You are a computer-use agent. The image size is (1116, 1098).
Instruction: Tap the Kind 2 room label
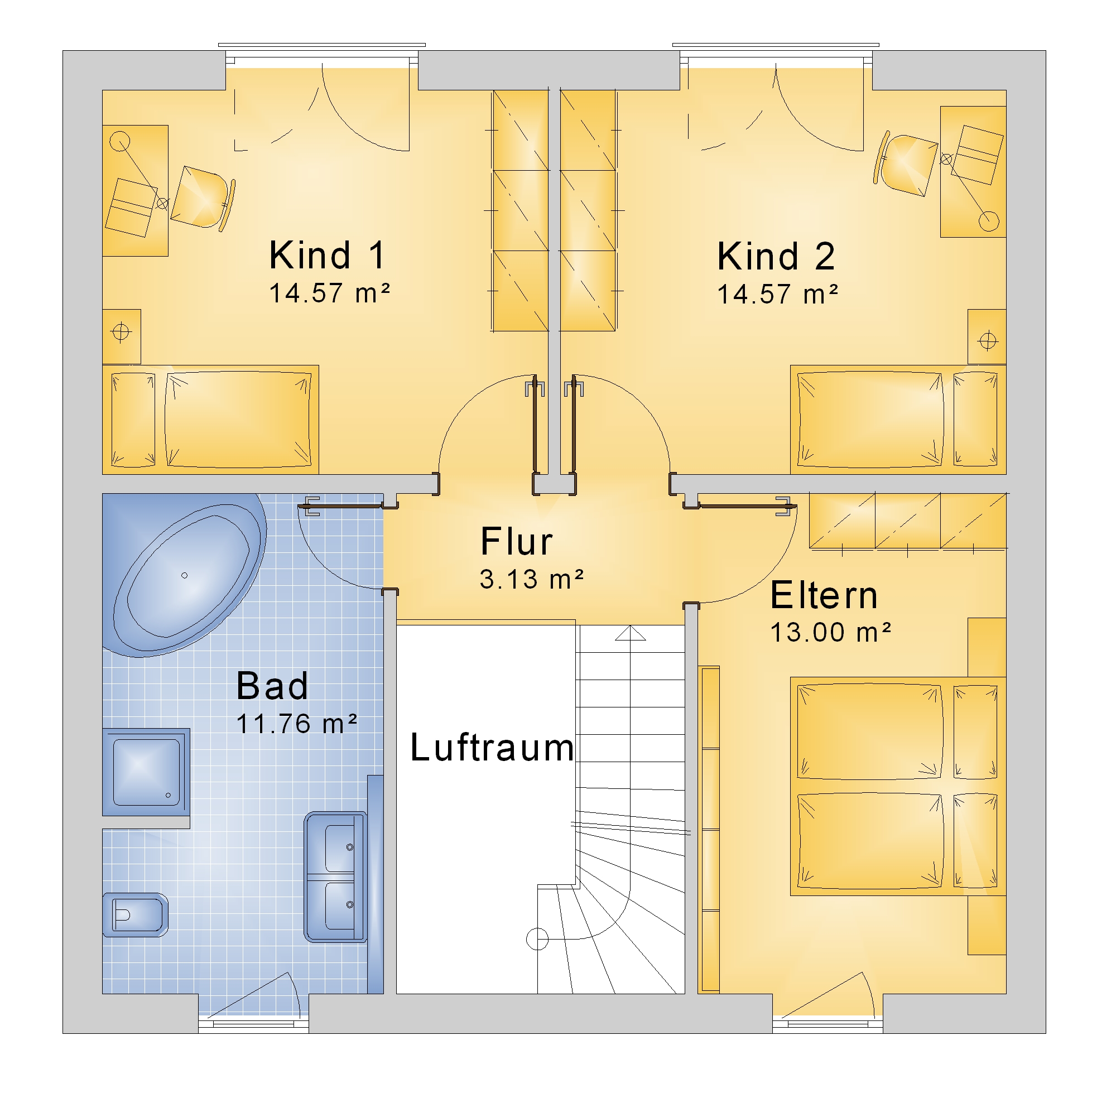coord(776,256)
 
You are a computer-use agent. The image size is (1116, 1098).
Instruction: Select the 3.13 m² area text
coord(532,579)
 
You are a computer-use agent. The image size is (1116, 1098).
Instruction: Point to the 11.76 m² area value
coord(296,723)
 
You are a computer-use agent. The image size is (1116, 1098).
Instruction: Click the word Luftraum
coord(492,748)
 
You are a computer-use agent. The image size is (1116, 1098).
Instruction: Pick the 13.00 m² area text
coord(830,632)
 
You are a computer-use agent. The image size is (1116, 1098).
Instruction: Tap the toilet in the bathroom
coord(135,914)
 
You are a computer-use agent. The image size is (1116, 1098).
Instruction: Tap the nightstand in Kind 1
coord(122,336)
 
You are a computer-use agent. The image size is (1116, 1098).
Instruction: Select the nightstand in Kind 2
coord(987,337)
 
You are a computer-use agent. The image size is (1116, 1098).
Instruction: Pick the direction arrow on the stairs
coord(631,633)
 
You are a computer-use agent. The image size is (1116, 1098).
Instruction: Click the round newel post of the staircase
coord(537,939)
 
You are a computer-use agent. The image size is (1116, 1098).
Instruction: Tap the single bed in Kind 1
coord(210,419)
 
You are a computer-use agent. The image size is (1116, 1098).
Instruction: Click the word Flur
coord(517,542)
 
